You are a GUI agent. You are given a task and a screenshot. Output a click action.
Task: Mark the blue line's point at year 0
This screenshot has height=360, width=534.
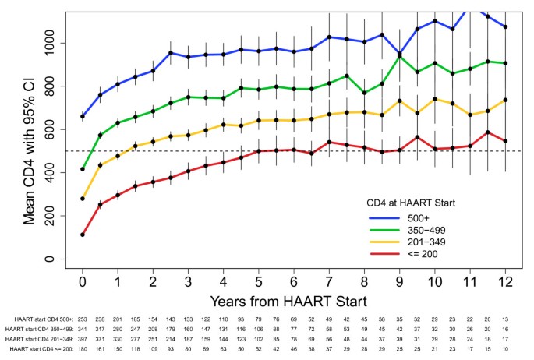(x=83, y=116)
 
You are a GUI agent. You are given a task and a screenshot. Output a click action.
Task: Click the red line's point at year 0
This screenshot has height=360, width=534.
(x=83, y=235)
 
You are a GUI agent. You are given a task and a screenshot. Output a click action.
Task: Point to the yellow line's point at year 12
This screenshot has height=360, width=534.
(x=508, y=100)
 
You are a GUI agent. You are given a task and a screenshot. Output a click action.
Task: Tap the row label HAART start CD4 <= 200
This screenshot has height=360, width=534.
(x=40, y=351)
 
